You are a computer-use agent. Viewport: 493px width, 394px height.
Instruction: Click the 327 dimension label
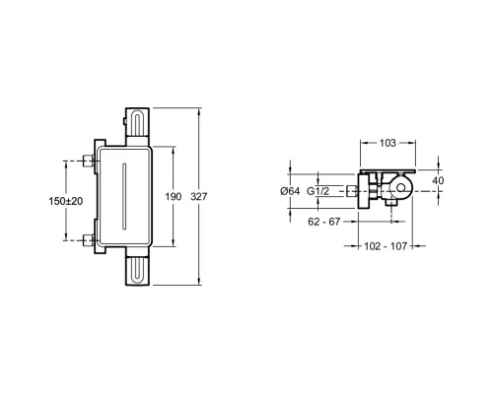(x=199, y=197)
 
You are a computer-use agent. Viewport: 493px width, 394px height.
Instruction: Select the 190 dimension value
(x=174, y=197)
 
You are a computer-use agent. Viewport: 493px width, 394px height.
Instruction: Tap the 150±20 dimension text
(x=66, y=201)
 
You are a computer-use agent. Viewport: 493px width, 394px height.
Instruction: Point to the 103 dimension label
(x=387, y=143)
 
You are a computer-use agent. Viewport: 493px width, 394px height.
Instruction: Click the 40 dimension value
(x=438, y=180)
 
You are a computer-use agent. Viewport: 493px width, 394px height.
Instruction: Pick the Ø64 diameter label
(x=290, y=191)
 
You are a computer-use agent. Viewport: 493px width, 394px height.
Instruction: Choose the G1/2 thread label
(x=317, y=191)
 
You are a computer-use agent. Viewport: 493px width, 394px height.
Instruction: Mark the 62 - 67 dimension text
(x=324, y=222)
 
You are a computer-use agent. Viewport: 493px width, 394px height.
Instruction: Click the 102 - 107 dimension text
(x=386, y=246)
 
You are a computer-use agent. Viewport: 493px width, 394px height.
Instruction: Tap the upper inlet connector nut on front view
(x=88, y=161)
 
